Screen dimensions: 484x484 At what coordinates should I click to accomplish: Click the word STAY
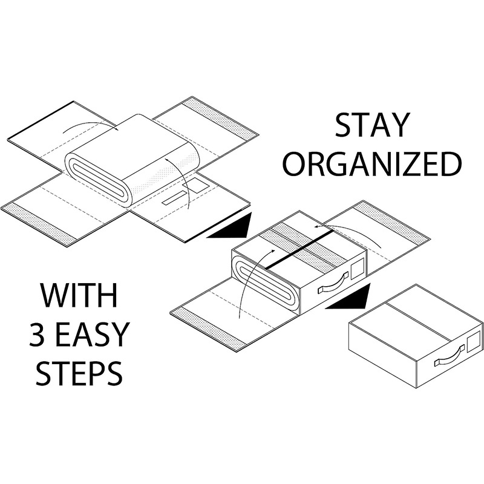(x=372, y=125)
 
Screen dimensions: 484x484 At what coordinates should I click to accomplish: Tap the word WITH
(x=79, y=295)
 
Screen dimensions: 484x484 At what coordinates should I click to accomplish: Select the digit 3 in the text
(x=38, y=335)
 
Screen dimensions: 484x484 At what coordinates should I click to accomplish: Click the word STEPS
(x=79, y=373)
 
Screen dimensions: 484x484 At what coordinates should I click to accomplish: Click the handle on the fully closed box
(x=450, y=355)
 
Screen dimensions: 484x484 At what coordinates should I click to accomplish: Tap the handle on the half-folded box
(x=333, y=283)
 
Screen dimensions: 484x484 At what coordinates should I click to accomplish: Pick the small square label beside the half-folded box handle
(x=358, y=267)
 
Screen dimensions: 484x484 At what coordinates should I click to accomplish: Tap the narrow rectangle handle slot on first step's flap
(x=175, y=198)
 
